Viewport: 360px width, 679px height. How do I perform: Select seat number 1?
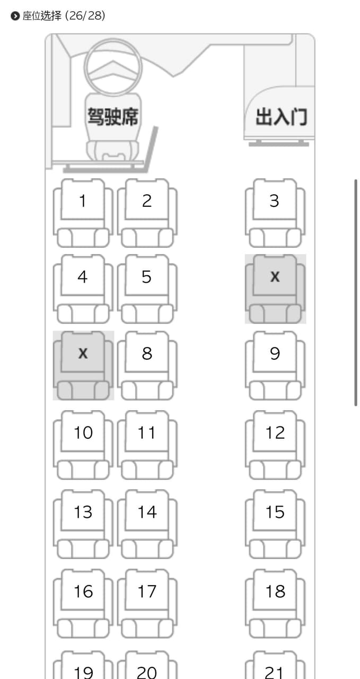coord(83,213)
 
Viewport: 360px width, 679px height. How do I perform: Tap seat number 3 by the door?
coord(275,213)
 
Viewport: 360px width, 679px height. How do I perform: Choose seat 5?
coord(147,289)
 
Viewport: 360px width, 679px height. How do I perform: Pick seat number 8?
coord(147,365)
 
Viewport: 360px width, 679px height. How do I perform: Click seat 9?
coord(275,365)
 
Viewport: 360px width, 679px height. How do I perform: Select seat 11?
coord(147,445)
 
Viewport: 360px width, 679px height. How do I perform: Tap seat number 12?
coord(275,445)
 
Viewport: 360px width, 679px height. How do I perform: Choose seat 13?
coord(83,524)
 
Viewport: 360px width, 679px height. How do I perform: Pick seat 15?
coord(275,524)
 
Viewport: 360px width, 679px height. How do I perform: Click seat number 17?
coord(147,604)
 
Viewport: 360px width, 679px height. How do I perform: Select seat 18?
coord(275,604)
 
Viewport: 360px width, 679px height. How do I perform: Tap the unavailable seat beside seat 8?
coord(83,365)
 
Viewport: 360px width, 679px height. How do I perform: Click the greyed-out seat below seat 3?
coord(275,289)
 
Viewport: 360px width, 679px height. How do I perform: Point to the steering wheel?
coord(113,39)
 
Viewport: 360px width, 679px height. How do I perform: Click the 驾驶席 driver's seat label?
coord(113,116)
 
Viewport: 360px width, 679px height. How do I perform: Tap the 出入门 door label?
coord(281,117)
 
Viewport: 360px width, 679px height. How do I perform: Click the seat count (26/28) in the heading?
coord(85,15)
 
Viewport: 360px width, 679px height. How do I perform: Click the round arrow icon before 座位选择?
coord(15,16)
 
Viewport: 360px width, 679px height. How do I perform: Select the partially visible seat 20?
coord(147,665)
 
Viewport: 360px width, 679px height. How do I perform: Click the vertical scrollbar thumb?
coord(356,292)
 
